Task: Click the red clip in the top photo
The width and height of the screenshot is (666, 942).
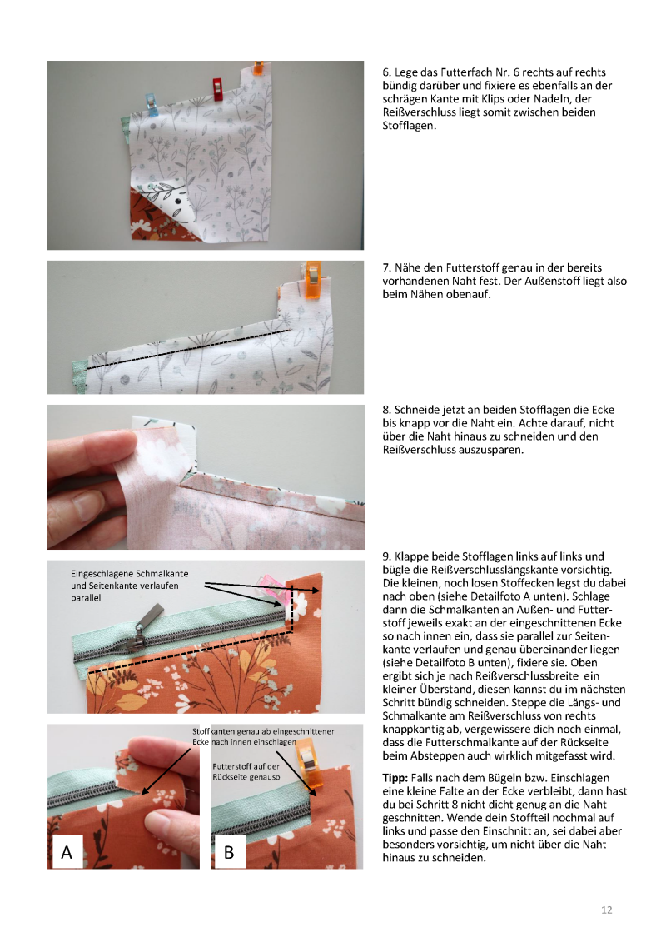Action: coord(218,89)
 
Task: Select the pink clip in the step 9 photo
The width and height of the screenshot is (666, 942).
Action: coord(272,585)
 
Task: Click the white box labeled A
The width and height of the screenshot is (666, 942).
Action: coord(67,852)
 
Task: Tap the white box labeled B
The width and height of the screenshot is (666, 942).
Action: coord(229,852)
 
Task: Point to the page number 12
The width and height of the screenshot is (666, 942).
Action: coord(607,910)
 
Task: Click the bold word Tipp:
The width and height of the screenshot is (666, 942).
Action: coord(395,778)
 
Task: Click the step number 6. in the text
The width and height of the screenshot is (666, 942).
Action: coord(387,72)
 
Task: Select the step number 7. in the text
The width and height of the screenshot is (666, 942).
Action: coord(387,267)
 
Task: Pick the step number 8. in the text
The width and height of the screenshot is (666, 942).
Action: coord(387,410)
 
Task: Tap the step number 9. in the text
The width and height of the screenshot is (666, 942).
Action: coord(387,556)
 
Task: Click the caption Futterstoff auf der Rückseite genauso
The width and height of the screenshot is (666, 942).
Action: coord(246,772)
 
